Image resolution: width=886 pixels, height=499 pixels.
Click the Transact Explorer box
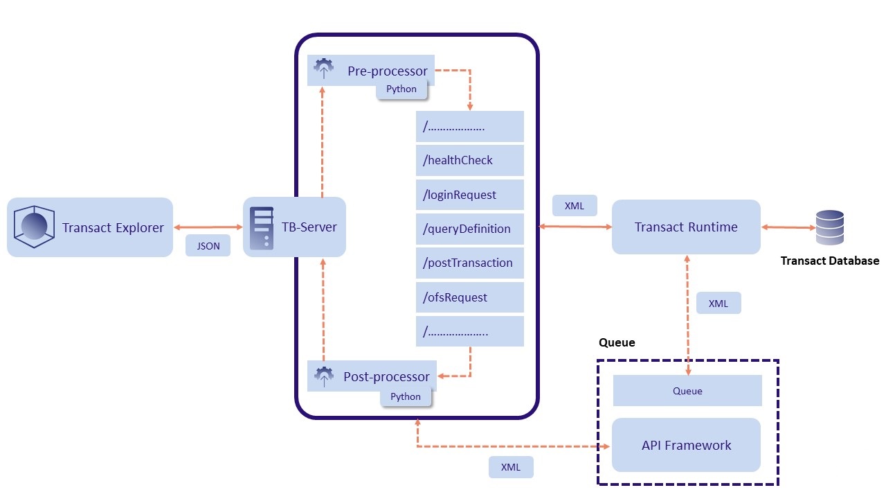(x=90, y=227)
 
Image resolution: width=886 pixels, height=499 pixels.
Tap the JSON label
(x=208, y=245)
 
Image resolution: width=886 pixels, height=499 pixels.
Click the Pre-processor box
(x=371, y=70)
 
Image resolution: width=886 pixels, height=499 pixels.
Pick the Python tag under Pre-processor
(x=401, y=89)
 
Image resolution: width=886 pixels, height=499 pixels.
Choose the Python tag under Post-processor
(x=406, y=397)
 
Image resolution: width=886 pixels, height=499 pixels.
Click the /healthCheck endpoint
(x=470, y=161)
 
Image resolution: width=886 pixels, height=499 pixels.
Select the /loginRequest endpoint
(x=470, y=195)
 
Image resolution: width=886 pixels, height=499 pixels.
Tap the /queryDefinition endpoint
(x=470, y=229)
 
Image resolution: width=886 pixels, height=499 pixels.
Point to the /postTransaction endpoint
(x=470, y=263)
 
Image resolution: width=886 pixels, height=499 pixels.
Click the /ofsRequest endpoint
(x=470, y=297)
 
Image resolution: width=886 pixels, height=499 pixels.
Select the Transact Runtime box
(x=686, y=227)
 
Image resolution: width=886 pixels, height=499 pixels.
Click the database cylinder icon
(x=829, y=227)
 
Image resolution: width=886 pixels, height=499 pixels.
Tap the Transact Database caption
(x=829, y=261)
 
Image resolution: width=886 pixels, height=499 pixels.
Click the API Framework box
(x=686, y=445)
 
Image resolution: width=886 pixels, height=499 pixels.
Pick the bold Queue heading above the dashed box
(x=616, y=342)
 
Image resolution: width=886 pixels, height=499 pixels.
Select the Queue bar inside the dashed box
(x=687, y=391)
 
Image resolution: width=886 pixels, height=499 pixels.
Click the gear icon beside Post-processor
(x=324, y=376)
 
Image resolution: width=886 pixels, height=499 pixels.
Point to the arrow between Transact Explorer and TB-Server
(x=208, y=227)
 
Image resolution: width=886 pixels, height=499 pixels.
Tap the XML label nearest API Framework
(x=511, y=467)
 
